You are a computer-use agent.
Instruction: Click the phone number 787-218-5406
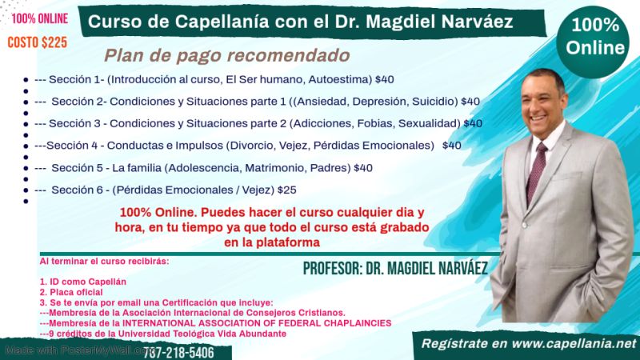[x=178, y=353]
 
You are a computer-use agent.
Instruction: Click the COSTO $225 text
[x=37, y=42]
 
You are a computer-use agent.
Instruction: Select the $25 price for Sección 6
[x=287, y=190]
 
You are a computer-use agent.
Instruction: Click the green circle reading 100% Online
[x=594, y=41]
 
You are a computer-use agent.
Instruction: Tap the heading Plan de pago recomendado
[x=227, y=55]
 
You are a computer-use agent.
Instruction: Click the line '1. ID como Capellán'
[x=83, y=282]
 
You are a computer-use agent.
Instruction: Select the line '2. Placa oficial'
[x=71, y=292]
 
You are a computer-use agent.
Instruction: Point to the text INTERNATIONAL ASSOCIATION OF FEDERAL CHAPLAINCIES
[x=257, y=323]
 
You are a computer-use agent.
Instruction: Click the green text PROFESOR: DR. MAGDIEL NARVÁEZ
[x=395, y=269]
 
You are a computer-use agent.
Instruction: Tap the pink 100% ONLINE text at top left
[x=39, y=18]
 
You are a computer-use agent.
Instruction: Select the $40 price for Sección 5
[x=363, y=168]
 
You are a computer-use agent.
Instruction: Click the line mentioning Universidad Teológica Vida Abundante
[x=163, y=334]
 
